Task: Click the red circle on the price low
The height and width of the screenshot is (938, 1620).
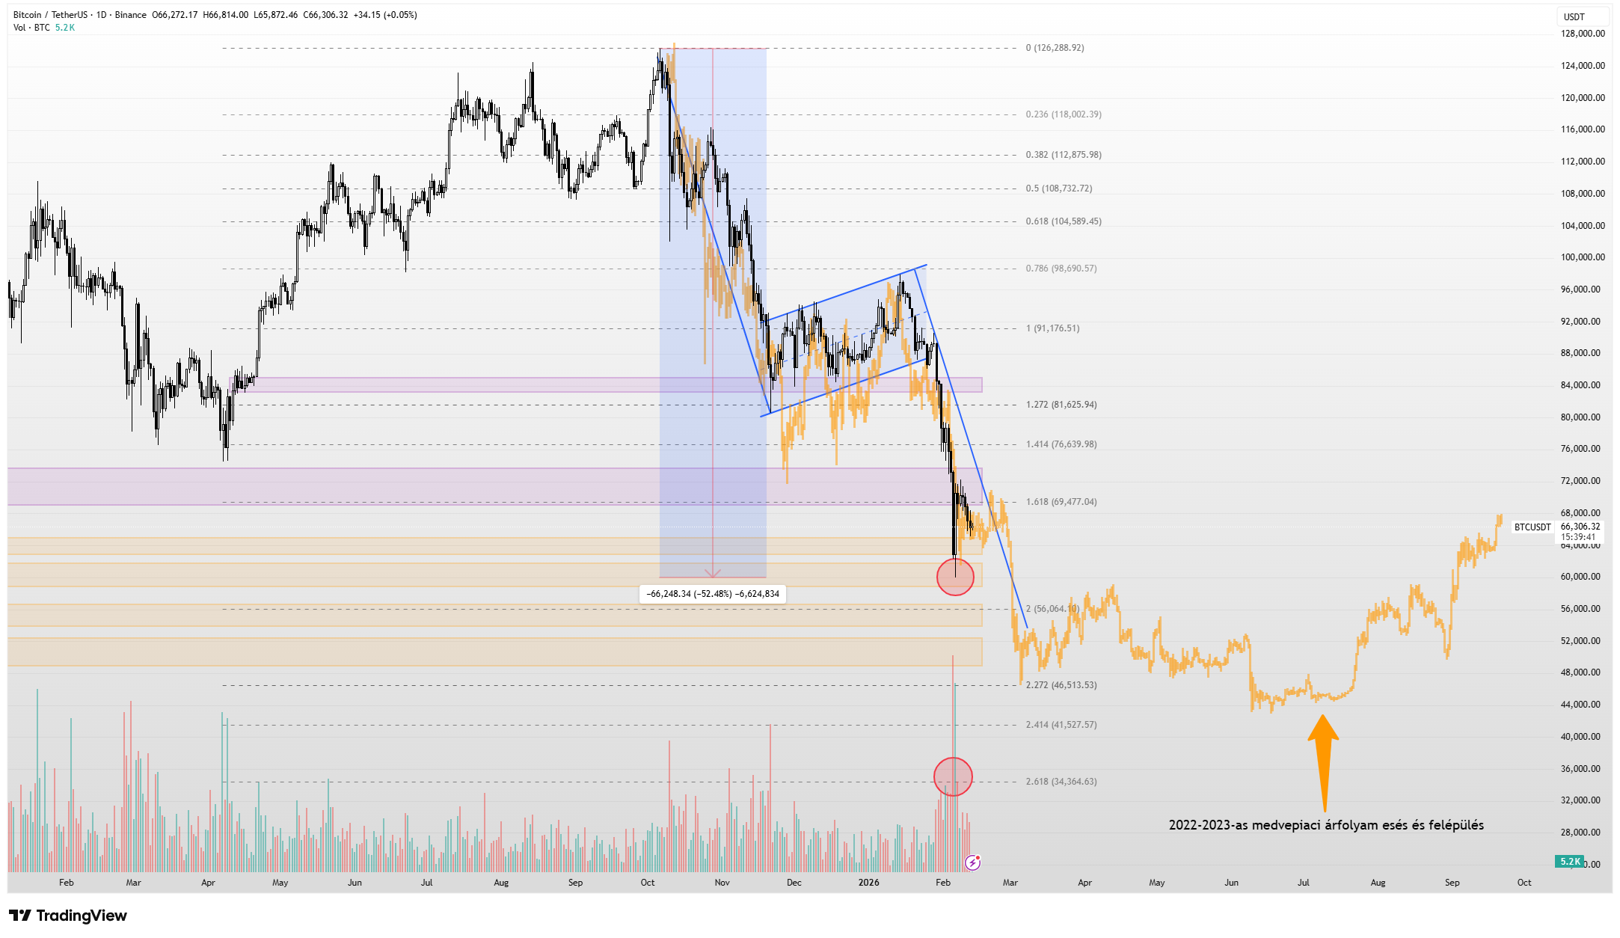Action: click(x=955, y=577)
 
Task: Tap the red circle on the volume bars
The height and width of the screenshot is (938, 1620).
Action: click(x=953, y=776)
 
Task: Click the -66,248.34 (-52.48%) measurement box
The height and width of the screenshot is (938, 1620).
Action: click(x=712, y=594)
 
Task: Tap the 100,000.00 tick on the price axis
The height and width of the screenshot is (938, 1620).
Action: click(x=1582, y=257)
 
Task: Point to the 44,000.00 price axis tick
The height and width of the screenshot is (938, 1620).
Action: click(x=1582, y=705)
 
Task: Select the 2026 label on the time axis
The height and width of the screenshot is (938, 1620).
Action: click(x=868, y=883)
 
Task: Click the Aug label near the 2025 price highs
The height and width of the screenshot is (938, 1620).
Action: click(x=501, y=883)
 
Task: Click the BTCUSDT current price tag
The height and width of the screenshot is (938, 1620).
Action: click(x=1532, y=527)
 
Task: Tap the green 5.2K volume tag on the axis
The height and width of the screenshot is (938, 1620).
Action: click(x=1570, y=862)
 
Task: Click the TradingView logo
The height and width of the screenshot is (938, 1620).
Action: click(x=68, y=916)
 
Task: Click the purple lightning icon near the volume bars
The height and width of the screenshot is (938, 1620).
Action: click(x=972, y=863)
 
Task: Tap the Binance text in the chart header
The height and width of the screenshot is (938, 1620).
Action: click(x=130, y=15)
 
